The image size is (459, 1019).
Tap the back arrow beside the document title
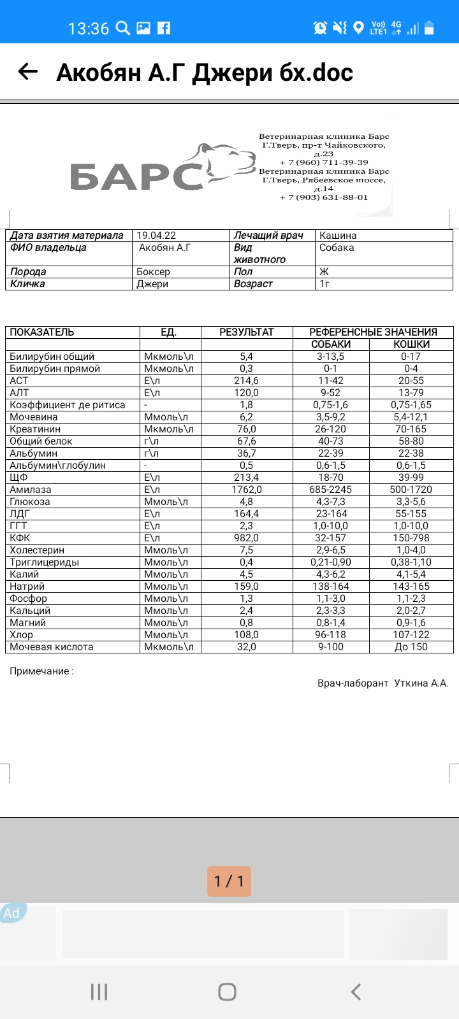pos(28,72)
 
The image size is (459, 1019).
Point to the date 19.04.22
pos(156,235)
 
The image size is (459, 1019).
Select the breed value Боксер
pos(154,271)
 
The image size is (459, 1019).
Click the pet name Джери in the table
pos(152,283)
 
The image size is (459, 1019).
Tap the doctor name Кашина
pos(338,235)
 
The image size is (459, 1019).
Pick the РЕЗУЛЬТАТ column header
pos(246,332)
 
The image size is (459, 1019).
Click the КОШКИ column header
pos(411,344)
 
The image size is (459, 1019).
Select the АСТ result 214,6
pos(246,380)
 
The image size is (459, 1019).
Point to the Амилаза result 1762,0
pos(246,489)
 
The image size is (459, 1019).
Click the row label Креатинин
pos(35,429)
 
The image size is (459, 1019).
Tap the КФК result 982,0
pos(246,538)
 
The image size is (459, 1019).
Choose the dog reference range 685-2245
pos(330,489)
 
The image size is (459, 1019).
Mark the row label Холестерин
pos(37,550)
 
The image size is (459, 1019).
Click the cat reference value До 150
pos(411,646)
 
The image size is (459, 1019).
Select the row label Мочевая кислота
pos(52,646)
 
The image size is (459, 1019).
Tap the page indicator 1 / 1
pos(229,881)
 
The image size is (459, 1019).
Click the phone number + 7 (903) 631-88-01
pos(324,197)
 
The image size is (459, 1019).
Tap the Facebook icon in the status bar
pos(164,28)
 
